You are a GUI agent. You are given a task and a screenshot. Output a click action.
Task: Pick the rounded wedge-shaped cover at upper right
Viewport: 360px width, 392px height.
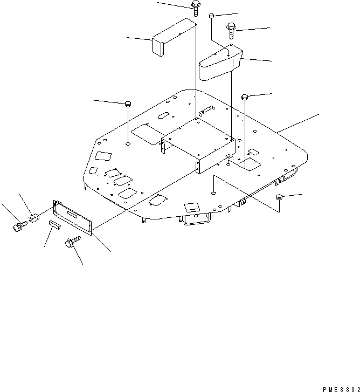(221, 63)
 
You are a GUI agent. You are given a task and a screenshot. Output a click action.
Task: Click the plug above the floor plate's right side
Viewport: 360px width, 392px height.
(245, 97)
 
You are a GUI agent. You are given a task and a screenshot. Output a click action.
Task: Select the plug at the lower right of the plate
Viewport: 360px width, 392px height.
(280, 197)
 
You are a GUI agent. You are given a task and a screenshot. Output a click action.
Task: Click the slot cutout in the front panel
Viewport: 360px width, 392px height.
(76, 217)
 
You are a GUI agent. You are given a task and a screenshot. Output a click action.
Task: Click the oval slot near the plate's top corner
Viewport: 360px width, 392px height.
(162, 116)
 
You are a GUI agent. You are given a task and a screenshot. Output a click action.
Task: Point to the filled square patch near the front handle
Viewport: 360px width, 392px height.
(192, 208)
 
